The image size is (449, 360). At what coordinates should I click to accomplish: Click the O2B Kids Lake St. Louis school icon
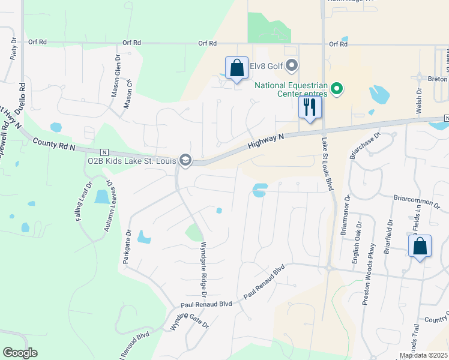point(186,159)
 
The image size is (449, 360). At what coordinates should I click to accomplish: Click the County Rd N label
point(54,143)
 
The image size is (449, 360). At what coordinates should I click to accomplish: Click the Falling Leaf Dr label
point(83,202)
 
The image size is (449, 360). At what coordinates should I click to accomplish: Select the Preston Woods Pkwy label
point(367,274)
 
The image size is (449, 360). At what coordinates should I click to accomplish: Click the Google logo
point(20,353)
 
